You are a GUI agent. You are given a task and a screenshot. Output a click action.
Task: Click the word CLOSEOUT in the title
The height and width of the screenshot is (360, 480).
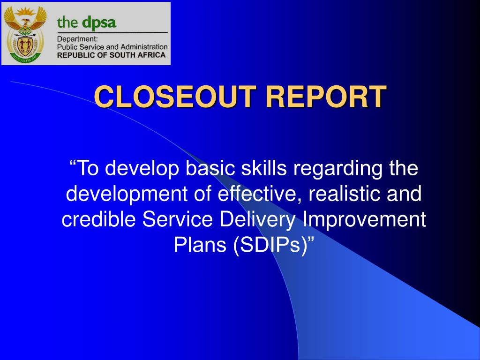pyautogui.click(x=175, y=97)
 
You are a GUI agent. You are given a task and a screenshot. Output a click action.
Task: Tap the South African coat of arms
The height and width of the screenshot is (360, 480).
pyautogui.click(x=25, y=33)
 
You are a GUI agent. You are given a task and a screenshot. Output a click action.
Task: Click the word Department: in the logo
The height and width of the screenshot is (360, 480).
pyautogui.click(x=77, y=39)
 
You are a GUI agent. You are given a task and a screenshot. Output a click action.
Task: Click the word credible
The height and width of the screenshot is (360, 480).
pyautogui.click(x=98, y=219)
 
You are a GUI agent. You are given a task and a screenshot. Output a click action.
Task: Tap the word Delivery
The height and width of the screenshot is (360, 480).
pyautogui.click(x=258, y=220)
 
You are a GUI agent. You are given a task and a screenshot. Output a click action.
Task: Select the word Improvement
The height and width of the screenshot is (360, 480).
pyautogui.click(x=364, y=220)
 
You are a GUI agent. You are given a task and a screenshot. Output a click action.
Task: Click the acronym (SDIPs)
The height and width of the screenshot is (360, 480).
pyautogui.click(x=270, y=245)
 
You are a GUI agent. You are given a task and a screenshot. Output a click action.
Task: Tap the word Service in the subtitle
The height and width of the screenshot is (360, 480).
pyautogui.click(x=178, y=219)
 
